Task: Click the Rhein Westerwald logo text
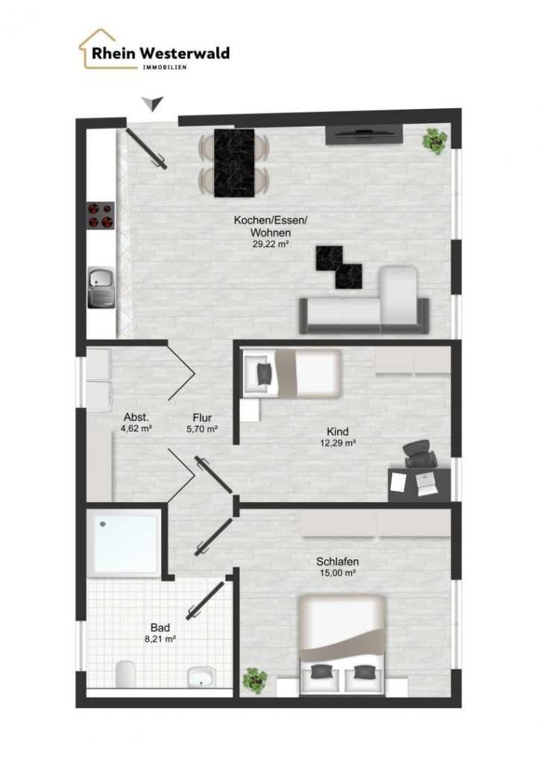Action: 160,53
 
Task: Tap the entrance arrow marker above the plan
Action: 152,104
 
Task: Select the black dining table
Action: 234,163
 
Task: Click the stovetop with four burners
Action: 101,216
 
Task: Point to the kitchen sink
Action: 101,287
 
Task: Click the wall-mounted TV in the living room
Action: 364,134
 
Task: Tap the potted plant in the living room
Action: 435,141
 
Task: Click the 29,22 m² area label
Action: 271,245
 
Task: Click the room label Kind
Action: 337,432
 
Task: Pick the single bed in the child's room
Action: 292,374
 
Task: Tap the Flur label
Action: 202,418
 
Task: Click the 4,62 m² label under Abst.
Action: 136,429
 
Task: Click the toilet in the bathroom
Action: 125,674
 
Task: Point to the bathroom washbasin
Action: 201,677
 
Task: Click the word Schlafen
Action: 337,562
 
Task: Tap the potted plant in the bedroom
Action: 254,680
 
